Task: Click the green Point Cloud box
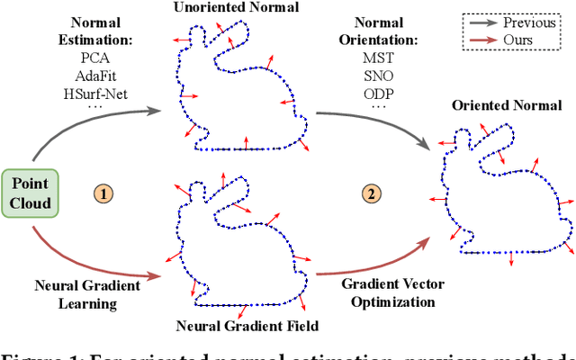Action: [x=31, y=193]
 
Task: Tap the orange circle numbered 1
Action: [x=104, y=192]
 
